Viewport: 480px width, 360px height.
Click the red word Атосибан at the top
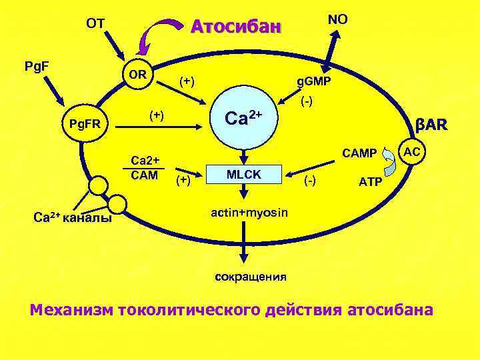click(237, 27)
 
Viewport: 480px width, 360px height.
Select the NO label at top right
click(337, 19)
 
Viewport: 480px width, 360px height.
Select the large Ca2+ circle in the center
click(244, 119)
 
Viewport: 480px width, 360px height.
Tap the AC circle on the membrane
click(412, 152)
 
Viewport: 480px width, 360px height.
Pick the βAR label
click(431, 125)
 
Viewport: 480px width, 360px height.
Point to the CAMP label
click(359, 154)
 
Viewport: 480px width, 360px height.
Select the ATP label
click(369, 181)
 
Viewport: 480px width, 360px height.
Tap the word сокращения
click(251, 276)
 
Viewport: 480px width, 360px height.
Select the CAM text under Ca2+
click(145, 175)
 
